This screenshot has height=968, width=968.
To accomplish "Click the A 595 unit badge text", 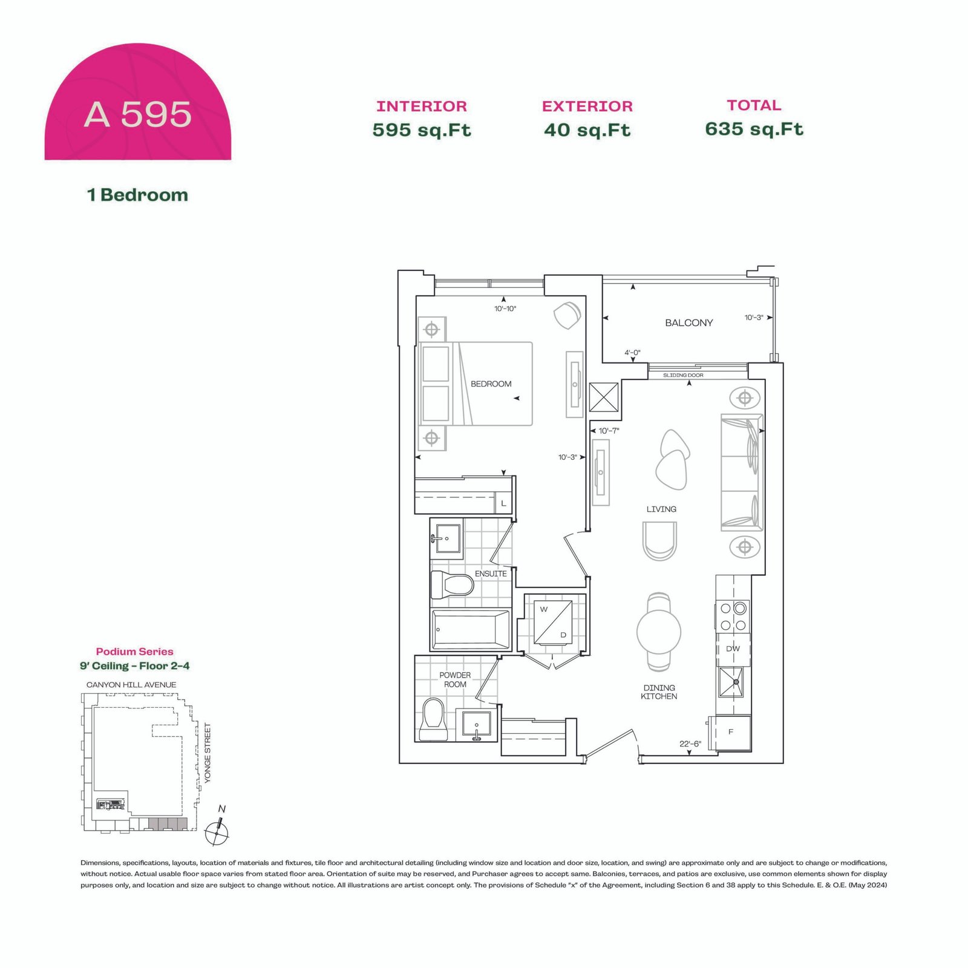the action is [x=137, y=114].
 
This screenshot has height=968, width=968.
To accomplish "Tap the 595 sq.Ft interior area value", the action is [x=422, y=130].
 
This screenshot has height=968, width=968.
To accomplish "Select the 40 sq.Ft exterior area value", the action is [x=587, y=130].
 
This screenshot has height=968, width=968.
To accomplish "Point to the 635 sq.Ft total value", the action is [x=754, y=129].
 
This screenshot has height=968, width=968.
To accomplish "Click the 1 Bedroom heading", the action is [x=137, y=195].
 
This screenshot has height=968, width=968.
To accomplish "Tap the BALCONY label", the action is [x=689, y=323].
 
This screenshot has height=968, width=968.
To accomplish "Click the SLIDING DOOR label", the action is [x=683, y=375].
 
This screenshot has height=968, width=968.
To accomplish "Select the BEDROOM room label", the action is [x=491, y=384].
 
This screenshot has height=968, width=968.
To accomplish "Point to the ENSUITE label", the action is [x=491, y=574].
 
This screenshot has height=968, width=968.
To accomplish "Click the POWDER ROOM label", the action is [x=455, y=679].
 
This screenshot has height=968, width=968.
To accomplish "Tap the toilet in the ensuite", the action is [x=452, y=584].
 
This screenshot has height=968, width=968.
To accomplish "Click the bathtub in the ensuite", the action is [x=471, y=630].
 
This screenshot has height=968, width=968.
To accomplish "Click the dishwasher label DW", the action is [x=733, y=649].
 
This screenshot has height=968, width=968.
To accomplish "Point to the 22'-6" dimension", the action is [x=690, y=744].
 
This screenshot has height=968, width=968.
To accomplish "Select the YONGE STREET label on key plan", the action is [x=208, y=753].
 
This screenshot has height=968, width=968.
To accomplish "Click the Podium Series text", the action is [x=134, y=652].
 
